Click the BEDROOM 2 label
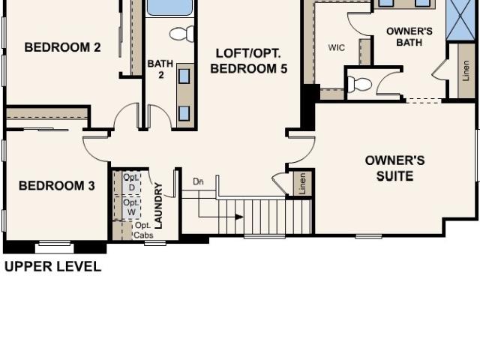pos(62,47)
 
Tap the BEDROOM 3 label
pos(57,186)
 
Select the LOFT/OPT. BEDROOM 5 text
pos(248,61)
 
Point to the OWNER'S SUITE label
pos(395,168)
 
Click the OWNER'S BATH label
pos(409,37)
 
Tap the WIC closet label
pos(337,48)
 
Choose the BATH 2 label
pos(160,69)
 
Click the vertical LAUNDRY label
pos(158,205)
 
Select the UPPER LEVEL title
pos(52,267)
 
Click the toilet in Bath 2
pos(181,33)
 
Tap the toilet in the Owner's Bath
pos(359,84)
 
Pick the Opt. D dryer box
pos(132,182)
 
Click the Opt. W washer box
pos(132,207)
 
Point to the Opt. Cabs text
pos(143,230)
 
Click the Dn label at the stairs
pos(198,181)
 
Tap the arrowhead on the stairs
pos(239,217)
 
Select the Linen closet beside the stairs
pos(302,183)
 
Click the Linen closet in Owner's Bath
pos(466,70)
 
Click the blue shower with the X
pos(460,20)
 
